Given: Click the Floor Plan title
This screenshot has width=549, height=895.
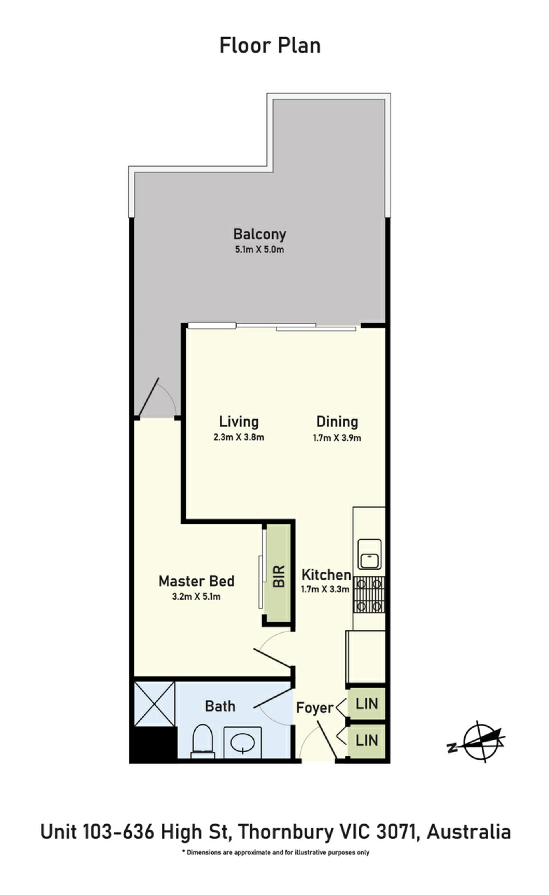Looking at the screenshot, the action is pyautogui.click(x=270, y=46).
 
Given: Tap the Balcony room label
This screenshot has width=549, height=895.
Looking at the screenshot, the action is pyautogui.click(x=260, y=234).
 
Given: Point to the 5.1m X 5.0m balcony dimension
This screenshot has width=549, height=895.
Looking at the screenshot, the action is pyautogui.click(x=259, y=250).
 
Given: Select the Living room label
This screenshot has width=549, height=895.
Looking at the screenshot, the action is pyautogui.click(x=239, y=421).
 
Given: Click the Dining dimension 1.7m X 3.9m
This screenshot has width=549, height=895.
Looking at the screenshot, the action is pyautogui.click(x=337, y=438).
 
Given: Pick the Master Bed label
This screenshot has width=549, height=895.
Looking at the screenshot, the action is pyautogui.click(x=196, y=581).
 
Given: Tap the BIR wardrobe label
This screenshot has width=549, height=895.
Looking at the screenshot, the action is pyautogui.click(x=279, y=576).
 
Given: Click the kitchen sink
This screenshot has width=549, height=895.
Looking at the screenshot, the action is pyautogui.click(x=369, y=554).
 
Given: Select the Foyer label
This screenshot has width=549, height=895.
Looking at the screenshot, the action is pyautogui.click(x=315, y=708).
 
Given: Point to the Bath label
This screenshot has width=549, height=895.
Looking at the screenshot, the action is pyautogui.click(x=220, y=706).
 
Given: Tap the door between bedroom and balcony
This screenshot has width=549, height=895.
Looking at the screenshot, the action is pyautogui.click(x=149, y=397).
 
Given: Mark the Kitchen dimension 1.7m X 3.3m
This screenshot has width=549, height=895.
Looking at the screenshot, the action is pyautogui.click(x=325, y=589).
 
